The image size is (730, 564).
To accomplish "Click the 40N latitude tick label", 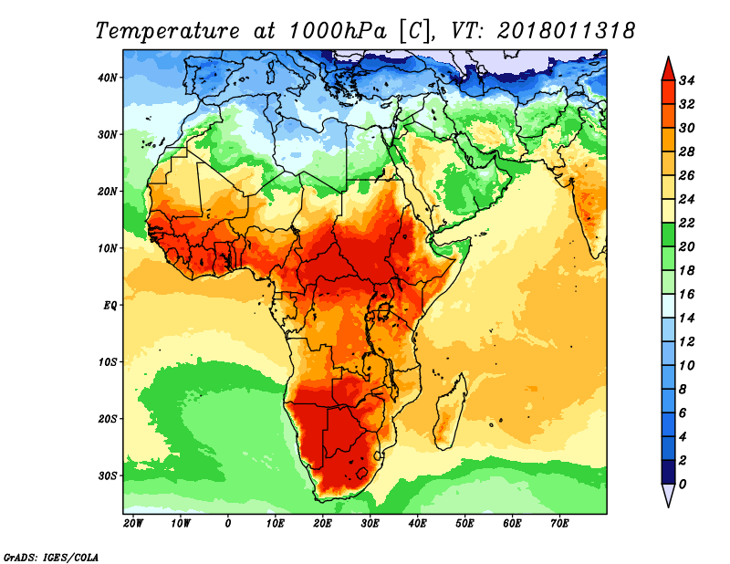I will click(109, 78).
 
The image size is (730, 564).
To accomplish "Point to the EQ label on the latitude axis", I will click(109, 305).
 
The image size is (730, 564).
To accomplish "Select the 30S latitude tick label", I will click(109, 475).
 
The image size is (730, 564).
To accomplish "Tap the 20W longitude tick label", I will click(133, 524).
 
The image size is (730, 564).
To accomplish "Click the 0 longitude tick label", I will click(228, 524).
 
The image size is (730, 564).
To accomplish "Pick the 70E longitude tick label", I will click(560, 524).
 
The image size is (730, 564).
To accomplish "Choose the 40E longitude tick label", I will click(418, 524).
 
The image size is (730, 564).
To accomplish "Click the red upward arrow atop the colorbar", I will click(668, 68).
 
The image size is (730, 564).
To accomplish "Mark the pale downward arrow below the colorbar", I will click(668, 495).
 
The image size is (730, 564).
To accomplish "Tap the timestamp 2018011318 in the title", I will click(566, 30).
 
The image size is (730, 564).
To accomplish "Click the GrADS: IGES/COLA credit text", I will click(51, 556).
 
